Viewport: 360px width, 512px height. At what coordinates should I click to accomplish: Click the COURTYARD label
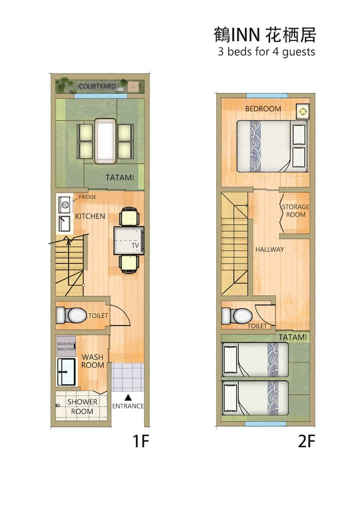97,86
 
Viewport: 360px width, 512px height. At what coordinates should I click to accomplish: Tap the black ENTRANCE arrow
128,397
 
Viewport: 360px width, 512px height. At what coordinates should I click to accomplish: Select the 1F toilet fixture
71,315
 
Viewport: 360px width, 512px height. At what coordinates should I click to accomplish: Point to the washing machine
66,346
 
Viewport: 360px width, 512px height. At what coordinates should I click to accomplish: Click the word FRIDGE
87,197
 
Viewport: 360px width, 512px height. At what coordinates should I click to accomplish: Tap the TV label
135,245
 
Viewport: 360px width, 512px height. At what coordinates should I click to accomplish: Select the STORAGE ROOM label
295,211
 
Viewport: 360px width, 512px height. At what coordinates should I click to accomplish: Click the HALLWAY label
269,249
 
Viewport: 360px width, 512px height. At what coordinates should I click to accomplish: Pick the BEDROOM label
263,109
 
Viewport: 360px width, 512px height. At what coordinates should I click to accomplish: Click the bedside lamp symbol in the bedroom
303,111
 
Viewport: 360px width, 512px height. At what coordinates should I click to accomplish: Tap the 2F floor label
306,441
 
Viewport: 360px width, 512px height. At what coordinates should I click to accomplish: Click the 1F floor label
140,441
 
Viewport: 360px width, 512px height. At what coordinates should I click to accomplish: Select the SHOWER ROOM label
82,406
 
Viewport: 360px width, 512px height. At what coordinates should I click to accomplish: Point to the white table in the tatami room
105,141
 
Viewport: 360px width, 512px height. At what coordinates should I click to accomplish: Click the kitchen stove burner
65,205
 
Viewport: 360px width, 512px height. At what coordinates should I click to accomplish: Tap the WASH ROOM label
92,361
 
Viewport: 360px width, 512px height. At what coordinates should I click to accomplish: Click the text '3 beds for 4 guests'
266,52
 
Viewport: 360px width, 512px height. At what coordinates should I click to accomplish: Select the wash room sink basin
66,371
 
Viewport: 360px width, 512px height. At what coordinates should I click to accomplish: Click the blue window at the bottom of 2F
265,424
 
